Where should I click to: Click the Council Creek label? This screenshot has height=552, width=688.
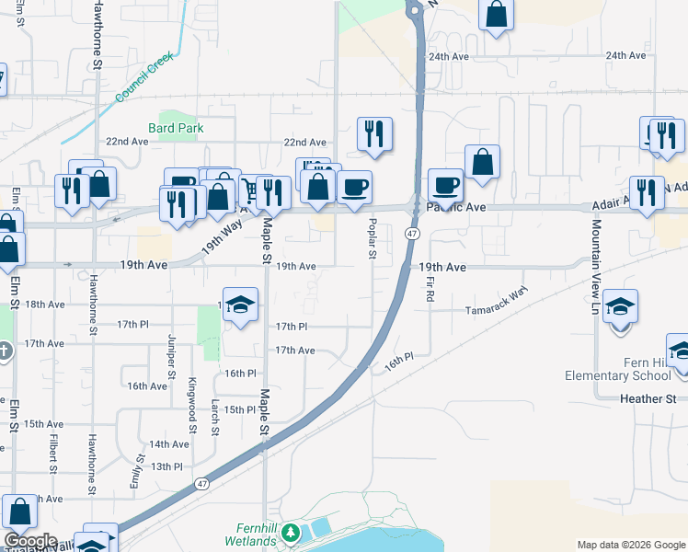(x=144, y=78)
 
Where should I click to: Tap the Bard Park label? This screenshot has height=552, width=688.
(x=176, y=128)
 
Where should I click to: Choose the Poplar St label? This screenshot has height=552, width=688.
(x=373, y=238)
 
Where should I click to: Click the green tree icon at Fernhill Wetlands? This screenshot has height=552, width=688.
(x=291, y=533)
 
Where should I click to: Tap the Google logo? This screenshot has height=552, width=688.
(x=31, y=541)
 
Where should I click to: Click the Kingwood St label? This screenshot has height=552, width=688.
(x=192, y=405)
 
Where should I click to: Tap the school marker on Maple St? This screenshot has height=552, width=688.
(x=240, y=305)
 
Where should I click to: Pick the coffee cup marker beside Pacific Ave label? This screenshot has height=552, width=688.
(x=445, y=183)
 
